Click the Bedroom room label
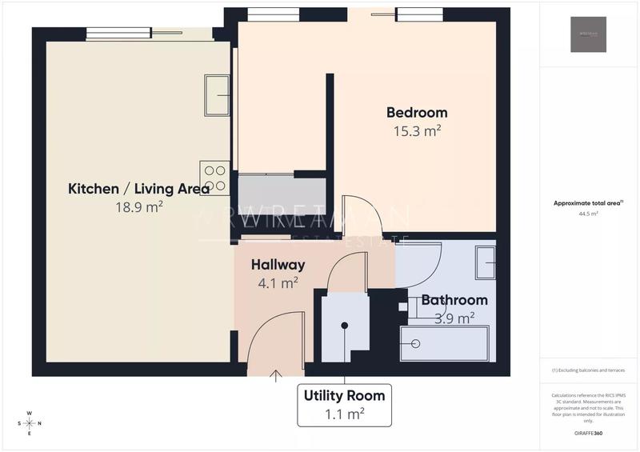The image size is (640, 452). pos(417,113)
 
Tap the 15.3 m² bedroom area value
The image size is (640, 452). pos(417,131)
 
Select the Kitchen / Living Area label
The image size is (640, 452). pos(139,189)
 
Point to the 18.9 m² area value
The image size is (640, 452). pos(139,206)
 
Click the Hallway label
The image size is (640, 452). pos(278,265)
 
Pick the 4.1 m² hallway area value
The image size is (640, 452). pos(278,282)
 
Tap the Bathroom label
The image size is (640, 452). pos(454,300)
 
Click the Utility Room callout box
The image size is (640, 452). pos(344,404)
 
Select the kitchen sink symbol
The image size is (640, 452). pos(217,96)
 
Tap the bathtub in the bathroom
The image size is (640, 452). pos(445,343)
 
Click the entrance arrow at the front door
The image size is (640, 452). pos(277,373)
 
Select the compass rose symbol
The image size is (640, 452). pos(29,423)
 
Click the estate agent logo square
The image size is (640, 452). pos(588,34)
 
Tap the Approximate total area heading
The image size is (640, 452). pos(588,203)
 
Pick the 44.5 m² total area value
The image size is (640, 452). pos(588,214)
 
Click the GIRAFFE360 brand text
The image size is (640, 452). pos(588,432)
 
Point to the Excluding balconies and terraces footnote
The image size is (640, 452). pos(588,370)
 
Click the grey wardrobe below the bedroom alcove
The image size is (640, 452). pos(282,195)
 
